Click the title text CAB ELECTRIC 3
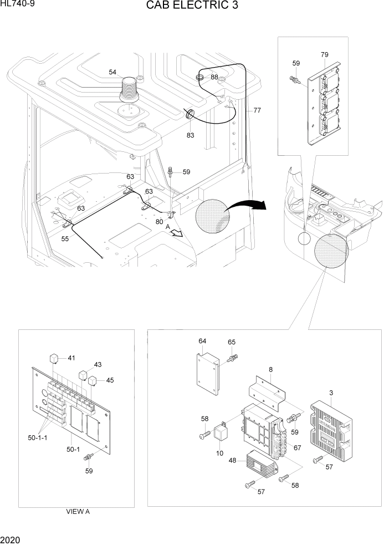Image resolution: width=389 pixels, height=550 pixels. pyautogui.click(x=193, y=7)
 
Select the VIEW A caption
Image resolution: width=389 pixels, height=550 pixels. pyautogui.click(x=77, y=512)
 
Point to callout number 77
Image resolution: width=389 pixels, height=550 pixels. pyautogui.click(x=257, y=111)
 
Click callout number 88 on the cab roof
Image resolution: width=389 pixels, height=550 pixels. pyautogui.click(x=214, y=77)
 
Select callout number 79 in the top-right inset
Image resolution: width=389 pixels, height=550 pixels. pyautogui.click(x=324, y=54)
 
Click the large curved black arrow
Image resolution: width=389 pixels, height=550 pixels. pyautogui.click(x=247, y=204)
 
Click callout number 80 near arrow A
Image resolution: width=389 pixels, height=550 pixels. pyautogui.click(x=160, y=222)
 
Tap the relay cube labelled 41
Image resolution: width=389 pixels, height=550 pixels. pyautogui.click(x=55, y=357)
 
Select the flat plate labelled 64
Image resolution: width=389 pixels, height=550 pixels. pyautogui.click(x=206, y=370)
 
